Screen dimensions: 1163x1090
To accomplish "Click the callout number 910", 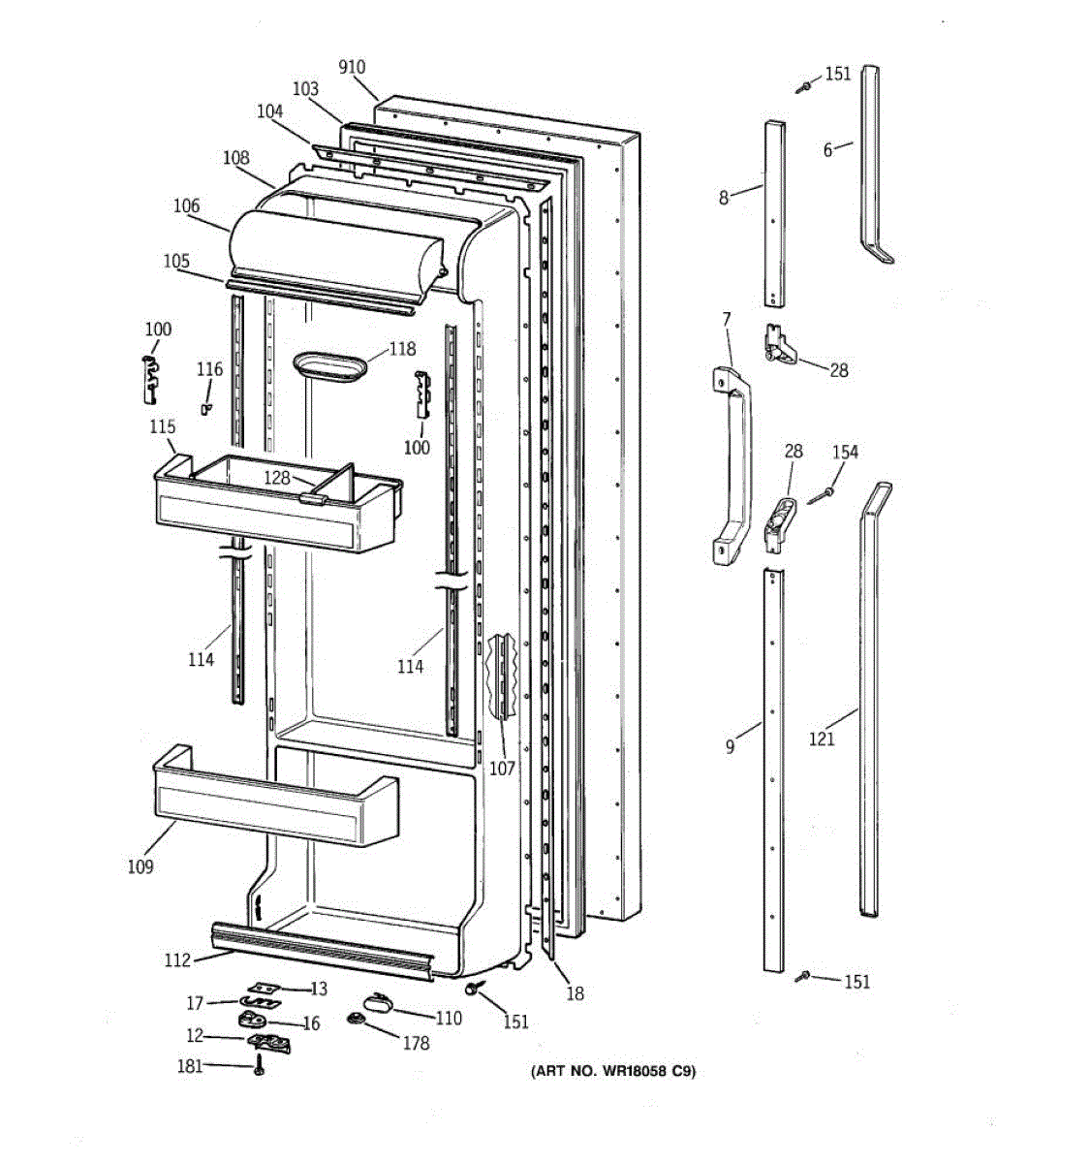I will pos(352,67).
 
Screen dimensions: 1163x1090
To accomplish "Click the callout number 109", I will pos(140,866).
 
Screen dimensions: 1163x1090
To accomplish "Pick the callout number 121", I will pos(822,739).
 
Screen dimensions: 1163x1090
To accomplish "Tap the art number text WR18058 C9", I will pos(612,1072).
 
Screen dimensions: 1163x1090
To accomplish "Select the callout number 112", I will pos(177,960).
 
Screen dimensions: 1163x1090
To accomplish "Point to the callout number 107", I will pos(502,770).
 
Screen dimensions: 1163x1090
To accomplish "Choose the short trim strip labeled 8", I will pos(775,213).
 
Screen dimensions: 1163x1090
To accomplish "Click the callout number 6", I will pos(827,149).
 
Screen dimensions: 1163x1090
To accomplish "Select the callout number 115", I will pos(163,426).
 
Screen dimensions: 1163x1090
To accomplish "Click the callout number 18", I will pos(576,993).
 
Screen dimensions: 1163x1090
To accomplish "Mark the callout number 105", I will pos(176,261).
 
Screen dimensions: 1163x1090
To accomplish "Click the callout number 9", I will pos(730,747).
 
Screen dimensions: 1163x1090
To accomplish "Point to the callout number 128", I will pos(277,478).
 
